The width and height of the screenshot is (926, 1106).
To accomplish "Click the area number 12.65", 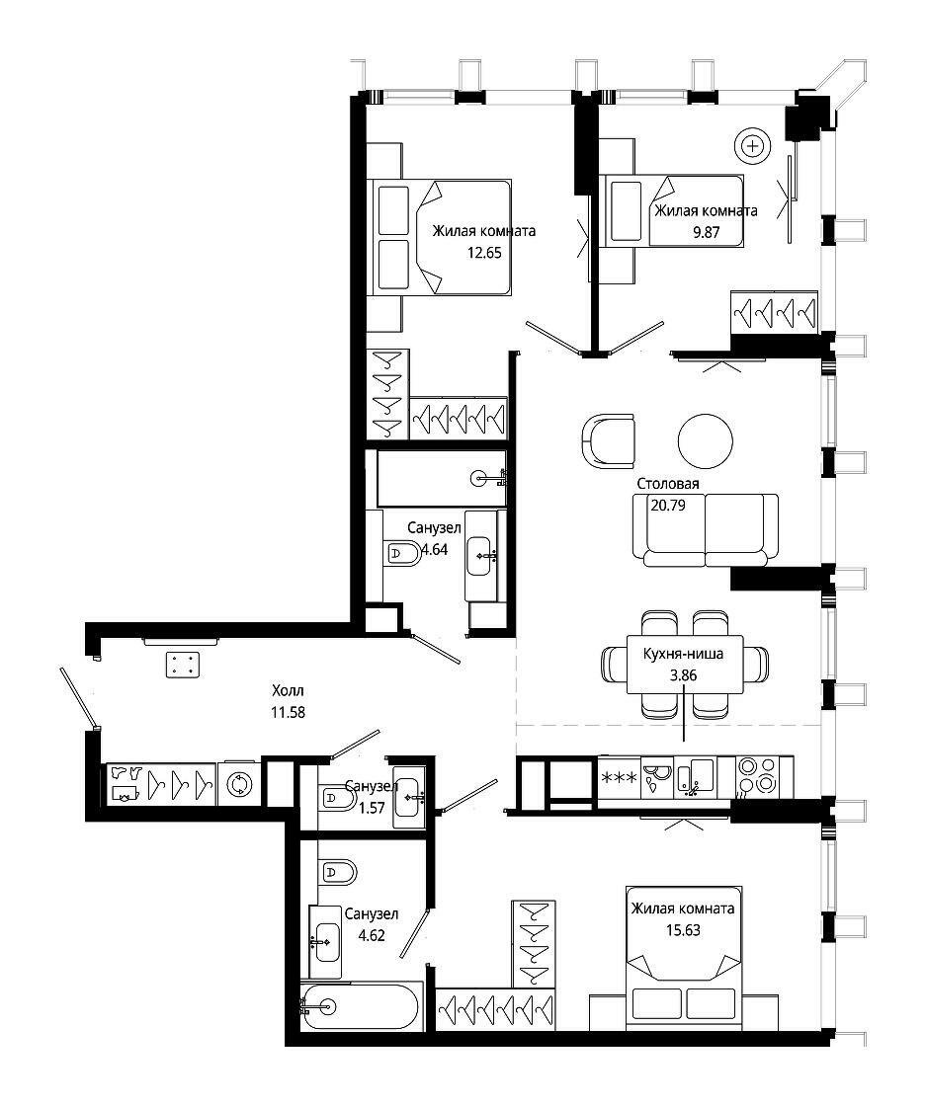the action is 484,253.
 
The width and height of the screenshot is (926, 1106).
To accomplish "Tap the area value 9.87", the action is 706,232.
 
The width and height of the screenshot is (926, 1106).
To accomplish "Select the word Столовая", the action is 668,484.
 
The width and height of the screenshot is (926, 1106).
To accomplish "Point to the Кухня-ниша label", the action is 683,654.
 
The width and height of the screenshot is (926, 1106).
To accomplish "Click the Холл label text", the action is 288,690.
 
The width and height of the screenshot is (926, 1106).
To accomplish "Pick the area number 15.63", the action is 683,930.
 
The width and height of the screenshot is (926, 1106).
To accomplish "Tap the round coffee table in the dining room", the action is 705,440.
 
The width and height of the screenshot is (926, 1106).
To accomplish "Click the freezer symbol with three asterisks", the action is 619,778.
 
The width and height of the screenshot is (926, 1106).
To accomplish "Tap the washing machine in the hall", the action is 239,784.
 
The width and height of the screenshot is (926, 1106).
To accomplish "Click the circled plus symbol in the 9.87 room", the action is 753,147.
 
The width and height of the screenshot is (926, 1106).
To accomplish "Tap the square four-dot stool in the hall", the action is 183,666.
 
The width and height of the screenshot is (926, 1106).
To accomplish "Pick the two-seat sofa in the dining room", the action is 706,530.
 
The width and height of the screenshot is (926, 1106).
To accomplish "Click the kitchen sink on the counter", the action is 694,777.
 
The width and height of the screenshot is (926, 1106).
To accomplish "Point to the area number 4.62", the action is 372,936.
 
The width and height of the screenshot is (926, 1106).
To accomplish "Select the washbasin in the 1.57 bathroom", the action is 409,797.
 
